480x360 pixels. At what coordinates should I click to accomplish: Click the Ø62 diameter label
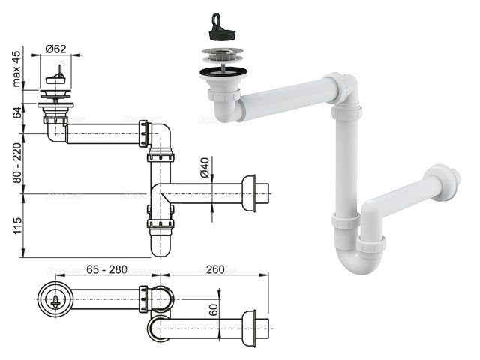(55, 49)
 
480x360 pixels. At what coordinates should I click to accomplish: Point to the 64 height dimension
(18, 112)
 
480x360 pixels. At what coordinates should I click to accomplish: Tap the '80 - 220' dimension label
(17, 163)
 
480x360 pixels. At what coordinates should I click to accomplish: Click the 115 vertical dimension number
(17, 226)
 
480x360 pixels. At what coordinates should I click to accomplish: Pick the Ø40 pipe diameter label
(205, 167)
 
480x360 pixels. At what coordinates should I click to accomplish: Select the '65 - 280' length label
(106, 269)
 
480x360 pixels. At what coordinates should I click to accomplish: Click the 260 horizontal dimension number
(215, 269)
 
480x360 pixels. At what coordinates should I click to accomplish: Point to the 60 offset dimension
(214, 310)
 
